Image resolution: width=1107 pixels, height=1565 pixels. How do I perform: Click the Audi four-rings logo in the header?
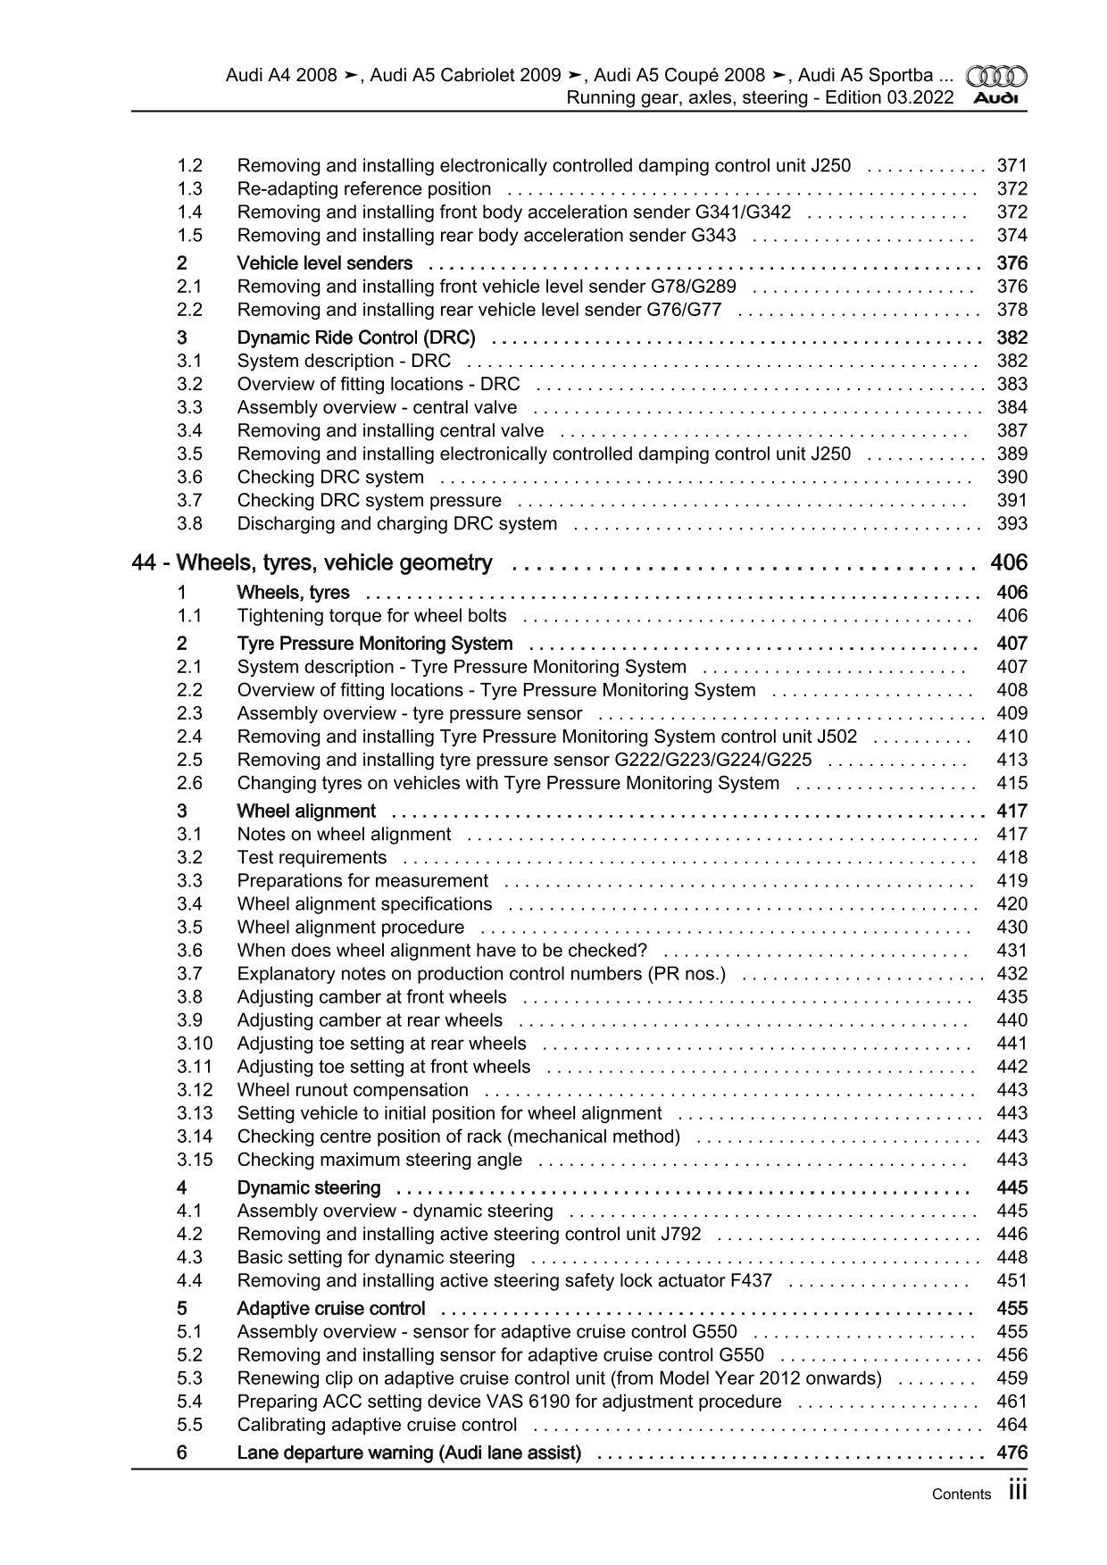click(x=996, y=77)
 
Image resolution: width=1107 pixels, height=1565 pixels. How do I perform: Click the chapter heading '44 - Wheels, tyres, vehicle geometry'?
click(x=312, y=563)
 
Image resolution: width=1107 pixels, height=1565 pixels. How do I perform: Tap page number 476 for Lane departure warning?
click(x=1011, y=1453)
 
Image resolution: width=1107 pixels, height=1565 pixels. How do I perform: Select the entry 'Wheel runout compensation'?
click(x=353, y=1090)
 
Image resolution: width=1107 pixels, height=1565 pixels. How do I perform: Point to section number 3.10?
click(x=195, y=1044)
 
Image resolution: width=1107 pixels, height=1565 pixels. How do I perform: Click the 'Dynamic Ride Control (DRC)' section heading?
click(x=356, y=337)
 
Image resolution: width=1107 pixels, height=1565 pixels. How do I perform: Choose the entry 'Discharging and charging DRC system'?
click(x=397, y=524)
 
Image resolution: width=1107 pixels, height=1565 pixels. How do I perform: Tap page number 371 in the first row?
click(x=1011, y=166)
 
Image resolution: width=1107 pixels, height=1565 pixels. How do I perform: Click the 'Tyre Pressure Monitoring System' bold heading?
click(x=375, y=644)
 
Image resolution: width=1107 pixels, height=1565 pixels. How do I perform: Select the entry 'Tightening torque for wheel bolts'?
click(x=371, y=616)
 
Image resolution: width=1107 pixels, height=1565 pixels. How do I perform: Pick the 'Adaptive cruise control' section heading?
click(x=331, y=1309)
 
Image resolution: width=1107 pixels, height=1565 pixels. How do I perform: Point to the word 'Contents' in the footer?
click(x=961, y=1494)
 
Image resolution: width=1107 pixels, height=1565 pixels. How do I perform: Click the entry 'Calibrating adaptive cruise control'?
click(x=377, y=1425)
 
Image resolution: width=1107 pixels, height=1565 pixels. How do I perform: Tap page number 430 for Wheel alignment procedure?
click(x=1011, y=928)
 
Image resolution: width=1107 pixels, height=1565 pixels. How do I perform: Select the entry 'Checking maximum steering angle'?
click(x=379, y=1160)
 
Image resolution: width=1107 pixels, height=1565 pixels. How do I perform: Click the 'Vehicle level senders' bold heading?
click(x=325, y=263)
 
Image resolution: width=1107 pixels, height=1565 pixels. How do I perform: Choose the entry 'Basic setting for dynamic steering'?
click(x=376, y=1258)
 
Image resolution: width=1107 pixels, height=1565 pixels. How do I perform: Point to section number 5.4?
click(x=189, y=1402)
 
